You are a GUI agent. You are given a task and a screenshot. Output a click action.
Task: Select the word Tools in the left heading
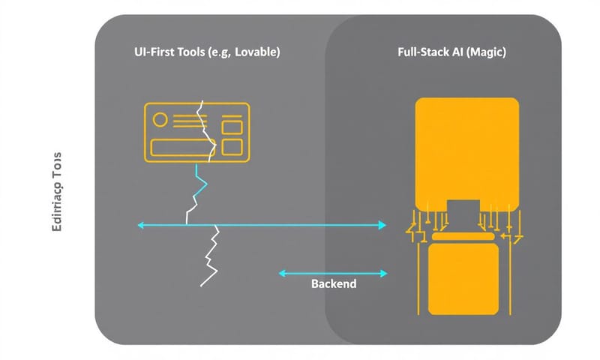[x=185, y=53]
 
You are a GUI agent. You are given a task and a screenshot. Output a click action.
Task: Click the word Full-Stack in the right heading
[x=421, y=53]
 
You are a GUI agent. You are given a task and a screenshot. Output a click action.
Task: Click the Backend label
[x=334, y=285]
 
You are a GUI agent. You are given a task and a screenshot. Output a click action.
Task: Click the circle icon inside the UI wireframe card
[x=159, y=119]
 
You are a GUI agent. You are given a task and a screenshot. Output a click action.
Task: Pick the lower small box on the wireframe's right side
[x=233, y=145]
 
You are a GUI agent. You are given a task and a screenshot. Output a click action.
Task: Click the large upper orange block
[x=466, y=150]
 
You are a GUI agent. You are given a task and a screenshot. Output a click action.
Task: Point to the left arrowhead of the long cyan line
[x=140, y=224]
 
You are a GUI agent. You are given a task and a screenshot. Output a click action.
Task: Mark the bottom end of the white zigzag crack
[x=202, y=286]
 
